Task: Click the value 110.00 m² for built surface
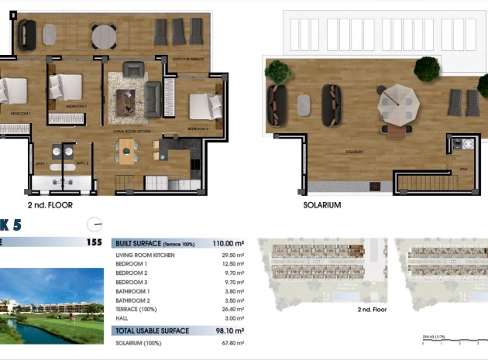click(229, 243)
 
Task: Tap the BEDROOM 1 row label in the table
click(131, 264)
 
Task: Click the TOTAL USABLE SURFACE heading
click(152, 331)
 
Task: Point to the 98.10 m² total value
click(230, 331)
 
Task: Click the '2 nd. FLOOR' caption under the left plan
click(50, 206)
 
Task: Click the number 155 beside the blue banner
click(94, 242)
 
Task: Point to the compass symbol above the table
click(95, 223)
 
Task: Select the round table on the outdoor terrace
click(103, 35)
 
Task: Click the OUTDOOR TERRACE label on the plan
click(187, 59)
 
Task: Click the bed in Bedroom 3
click(204, 106)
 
